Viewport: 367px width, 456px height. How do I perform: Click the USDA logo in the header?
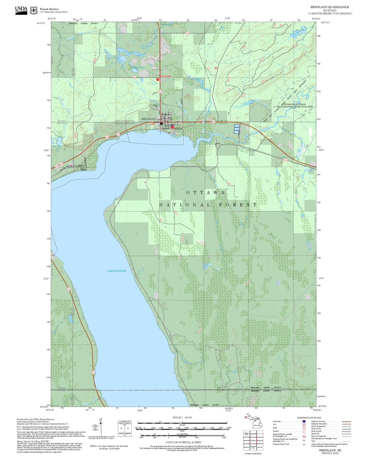21,10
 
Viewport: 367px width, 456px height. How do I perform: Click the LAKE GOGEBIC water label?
117,271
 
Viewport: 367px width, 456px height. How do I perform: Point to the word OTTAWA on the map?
205,193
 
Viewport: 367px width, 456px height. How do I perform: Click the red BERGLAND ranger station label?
165,76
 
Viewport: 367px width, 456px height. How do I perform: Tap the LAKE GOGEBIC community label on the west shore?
75,166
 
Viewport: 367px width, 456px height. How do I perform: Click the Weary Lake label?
57,146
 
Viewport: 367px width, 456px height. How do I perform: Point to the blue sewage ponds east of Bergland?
237,129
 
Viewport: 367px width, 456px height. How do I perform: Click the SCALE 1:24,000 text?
182,417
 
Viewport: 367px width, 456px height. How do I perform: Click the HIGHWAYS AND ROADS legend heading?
309,418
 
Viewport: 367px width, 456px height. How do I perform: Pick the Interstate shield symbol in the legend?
304,421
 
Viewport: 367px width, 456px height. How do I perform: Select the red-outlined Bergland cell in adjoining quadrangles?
253,440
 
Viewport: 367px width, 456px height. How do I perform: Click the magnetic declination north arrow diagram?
101,428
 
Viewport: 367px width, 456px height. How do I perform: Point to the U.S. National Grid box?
125,429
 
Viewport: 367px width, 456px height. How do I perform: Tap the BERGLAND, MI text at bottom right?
330,450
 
